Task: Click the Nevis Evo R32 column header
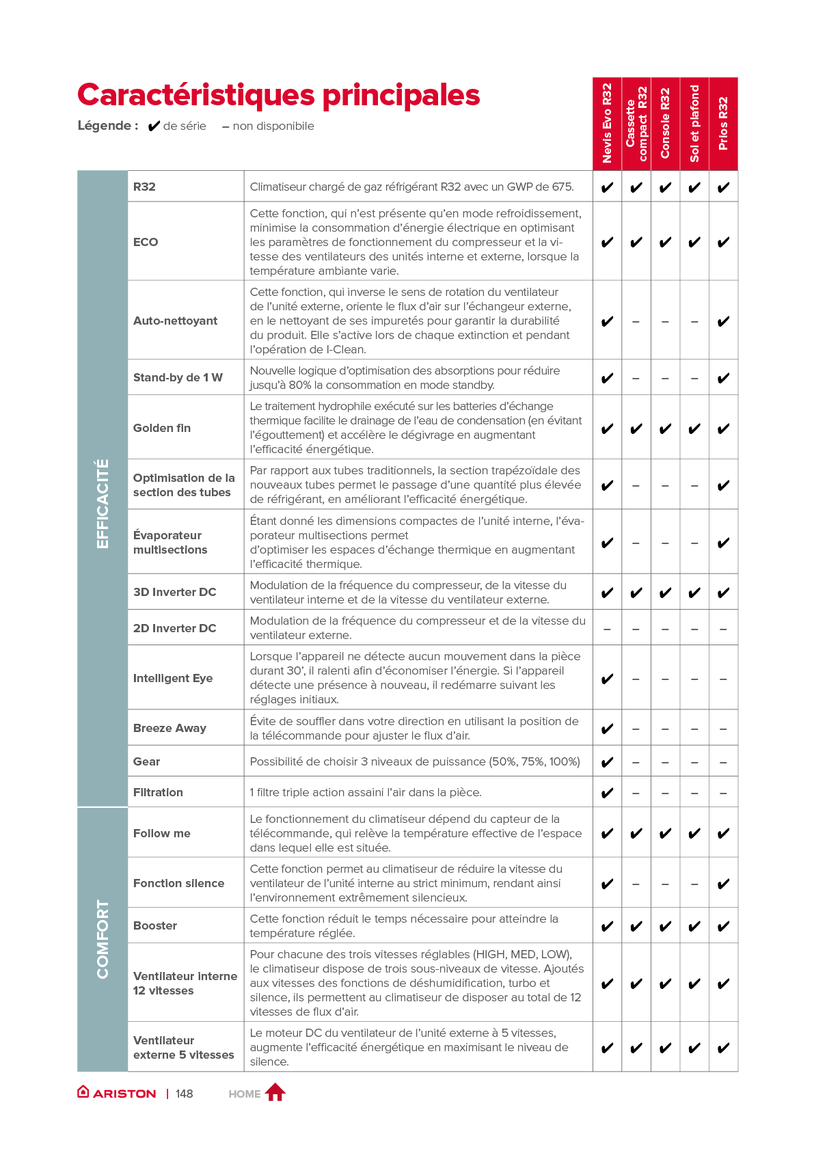point(607,124)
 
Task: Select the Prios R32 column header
point(723,124)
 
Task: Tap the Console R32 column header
point(665,124)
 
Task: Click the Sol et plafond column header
point(694,124)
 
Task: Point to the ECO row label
point(146,242)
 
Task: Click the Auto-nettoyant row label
point(175,321)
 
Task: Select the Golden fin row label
point(162,428)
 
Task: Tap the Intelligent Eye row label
point(173,678)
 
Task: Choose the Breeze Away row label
point(169,728)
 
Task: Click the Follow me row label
point(162,833)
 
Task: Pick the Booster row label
point(155,925)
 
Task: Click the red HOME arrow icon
point(275,1092)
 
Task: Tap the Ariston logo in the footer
point(117,1093)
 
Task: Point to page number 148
point(184,1094)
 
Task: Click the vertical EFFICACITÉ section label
point(103,504)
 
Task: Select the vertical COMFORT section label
point(103,939)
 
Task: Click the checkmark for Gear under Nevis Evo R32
point(607,762)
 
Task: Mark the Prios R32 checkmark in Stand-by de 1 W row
point(723,378)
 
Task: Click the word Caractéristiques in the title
point(195,95)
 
